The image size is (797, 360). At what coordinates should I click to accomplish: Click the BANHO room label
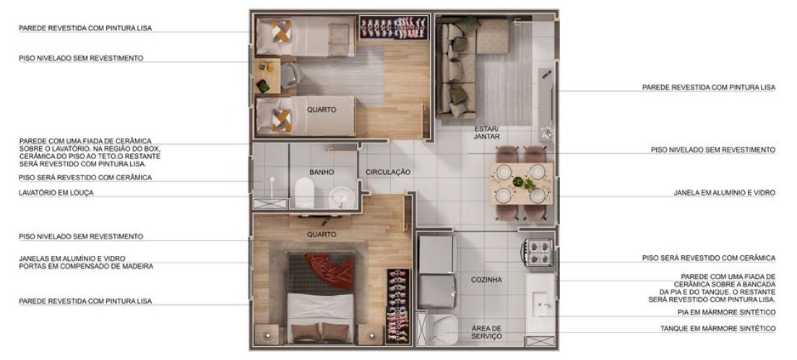click(x=322, y=172)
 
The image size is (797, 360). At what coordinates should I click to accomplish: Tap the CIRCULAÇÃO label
click(x=388, y=172)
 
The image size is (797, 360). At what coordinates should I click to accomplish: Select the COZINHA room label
click(x=486, y=280)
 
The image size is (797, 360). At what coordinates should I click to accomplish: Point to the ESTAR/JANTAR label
click(x=486, y=133)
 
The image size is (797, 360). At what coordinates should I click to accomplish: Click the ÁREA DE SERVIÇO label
click(x=486, y=332)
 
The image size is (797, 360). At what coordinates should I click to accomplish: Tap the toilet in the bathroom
click(x=305, y=193)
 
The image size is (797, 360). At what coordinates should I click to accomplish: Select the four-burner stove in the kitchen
click(x=539, y=252)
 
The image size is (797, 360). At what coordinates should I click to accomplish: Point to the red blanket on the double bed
click(x=330, y=270)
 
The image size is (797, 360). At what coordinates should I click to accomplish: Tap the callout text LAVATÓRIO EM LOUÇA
click(x=56, y=193)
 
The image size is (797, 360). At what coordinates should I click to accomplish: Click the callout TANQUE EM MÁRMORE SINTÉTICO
click(x=718, y=329)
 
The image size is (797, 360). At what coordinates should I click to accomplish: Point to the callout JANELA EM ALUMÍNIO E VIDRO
click(x=724, y=193)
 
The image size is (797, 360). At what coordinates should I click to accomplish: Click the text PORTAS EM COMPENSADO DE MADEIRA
click(x=86, y=266)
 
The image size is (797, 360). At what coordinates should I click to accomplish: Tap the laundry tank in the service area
click(x=442, y=329)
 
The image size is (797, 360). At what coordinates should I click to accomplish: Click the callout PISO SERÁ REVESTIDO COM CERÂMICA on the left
click(x=85, y=177)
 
